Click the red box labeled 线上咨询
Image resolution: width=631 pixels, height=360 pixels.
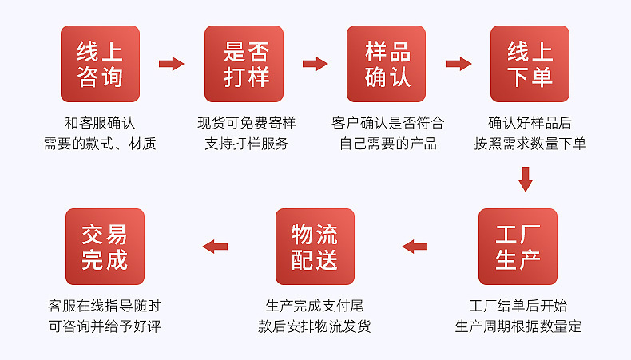click(100, 64)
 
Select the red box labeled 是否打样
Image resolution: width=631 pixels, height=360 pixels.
click(244, 64)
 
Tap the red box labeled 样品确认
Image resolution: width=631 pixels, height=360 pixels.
click(386, 64)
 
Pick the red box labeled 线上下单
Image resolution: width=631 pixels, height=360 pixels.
click(530, 64)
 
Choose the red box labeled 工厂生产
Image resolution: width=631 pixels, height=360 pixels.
click(518, 247)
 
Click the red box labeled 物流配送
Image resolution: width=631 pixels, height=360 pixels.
click(315, 247)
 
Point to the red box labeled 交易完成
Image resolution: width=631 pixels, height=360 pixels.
click(105, 247)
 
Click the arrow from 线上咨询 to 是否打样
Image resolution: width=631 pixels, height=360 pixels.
click(172, 64)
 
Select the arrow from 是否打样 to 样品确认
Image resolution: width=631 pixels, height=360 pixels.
click(315, 64)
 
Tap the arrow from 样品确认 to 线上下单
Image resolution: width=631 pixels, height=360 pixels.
click(458, 64)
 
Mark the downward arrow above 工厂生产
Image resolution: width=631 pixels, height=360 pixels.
click(525, 179)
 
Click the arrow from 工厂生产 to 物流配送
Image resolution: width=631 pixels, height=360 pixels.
click(415, 247)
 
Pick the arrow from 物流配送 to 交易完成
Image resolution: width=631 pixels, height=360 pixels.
click(215, 247)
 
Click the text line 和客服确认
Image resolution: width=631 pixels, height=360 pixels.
click(100, 123)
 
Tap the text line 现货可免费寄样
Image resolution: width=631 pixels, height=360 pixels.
click(247, 123)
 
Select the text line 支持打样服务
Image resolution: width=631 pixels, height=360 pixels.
click(247, 144)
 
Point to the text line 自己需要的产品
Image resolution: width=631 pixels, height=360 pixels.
click(388, 144)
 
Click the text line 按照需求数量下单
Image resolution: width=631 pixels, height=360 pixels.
click(530, 144)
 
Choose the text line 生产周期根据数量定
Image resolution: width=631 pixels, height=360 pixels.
click(518, 326)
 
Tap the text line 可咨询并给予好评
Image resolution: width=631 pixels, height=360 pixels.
click(105, 326)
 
